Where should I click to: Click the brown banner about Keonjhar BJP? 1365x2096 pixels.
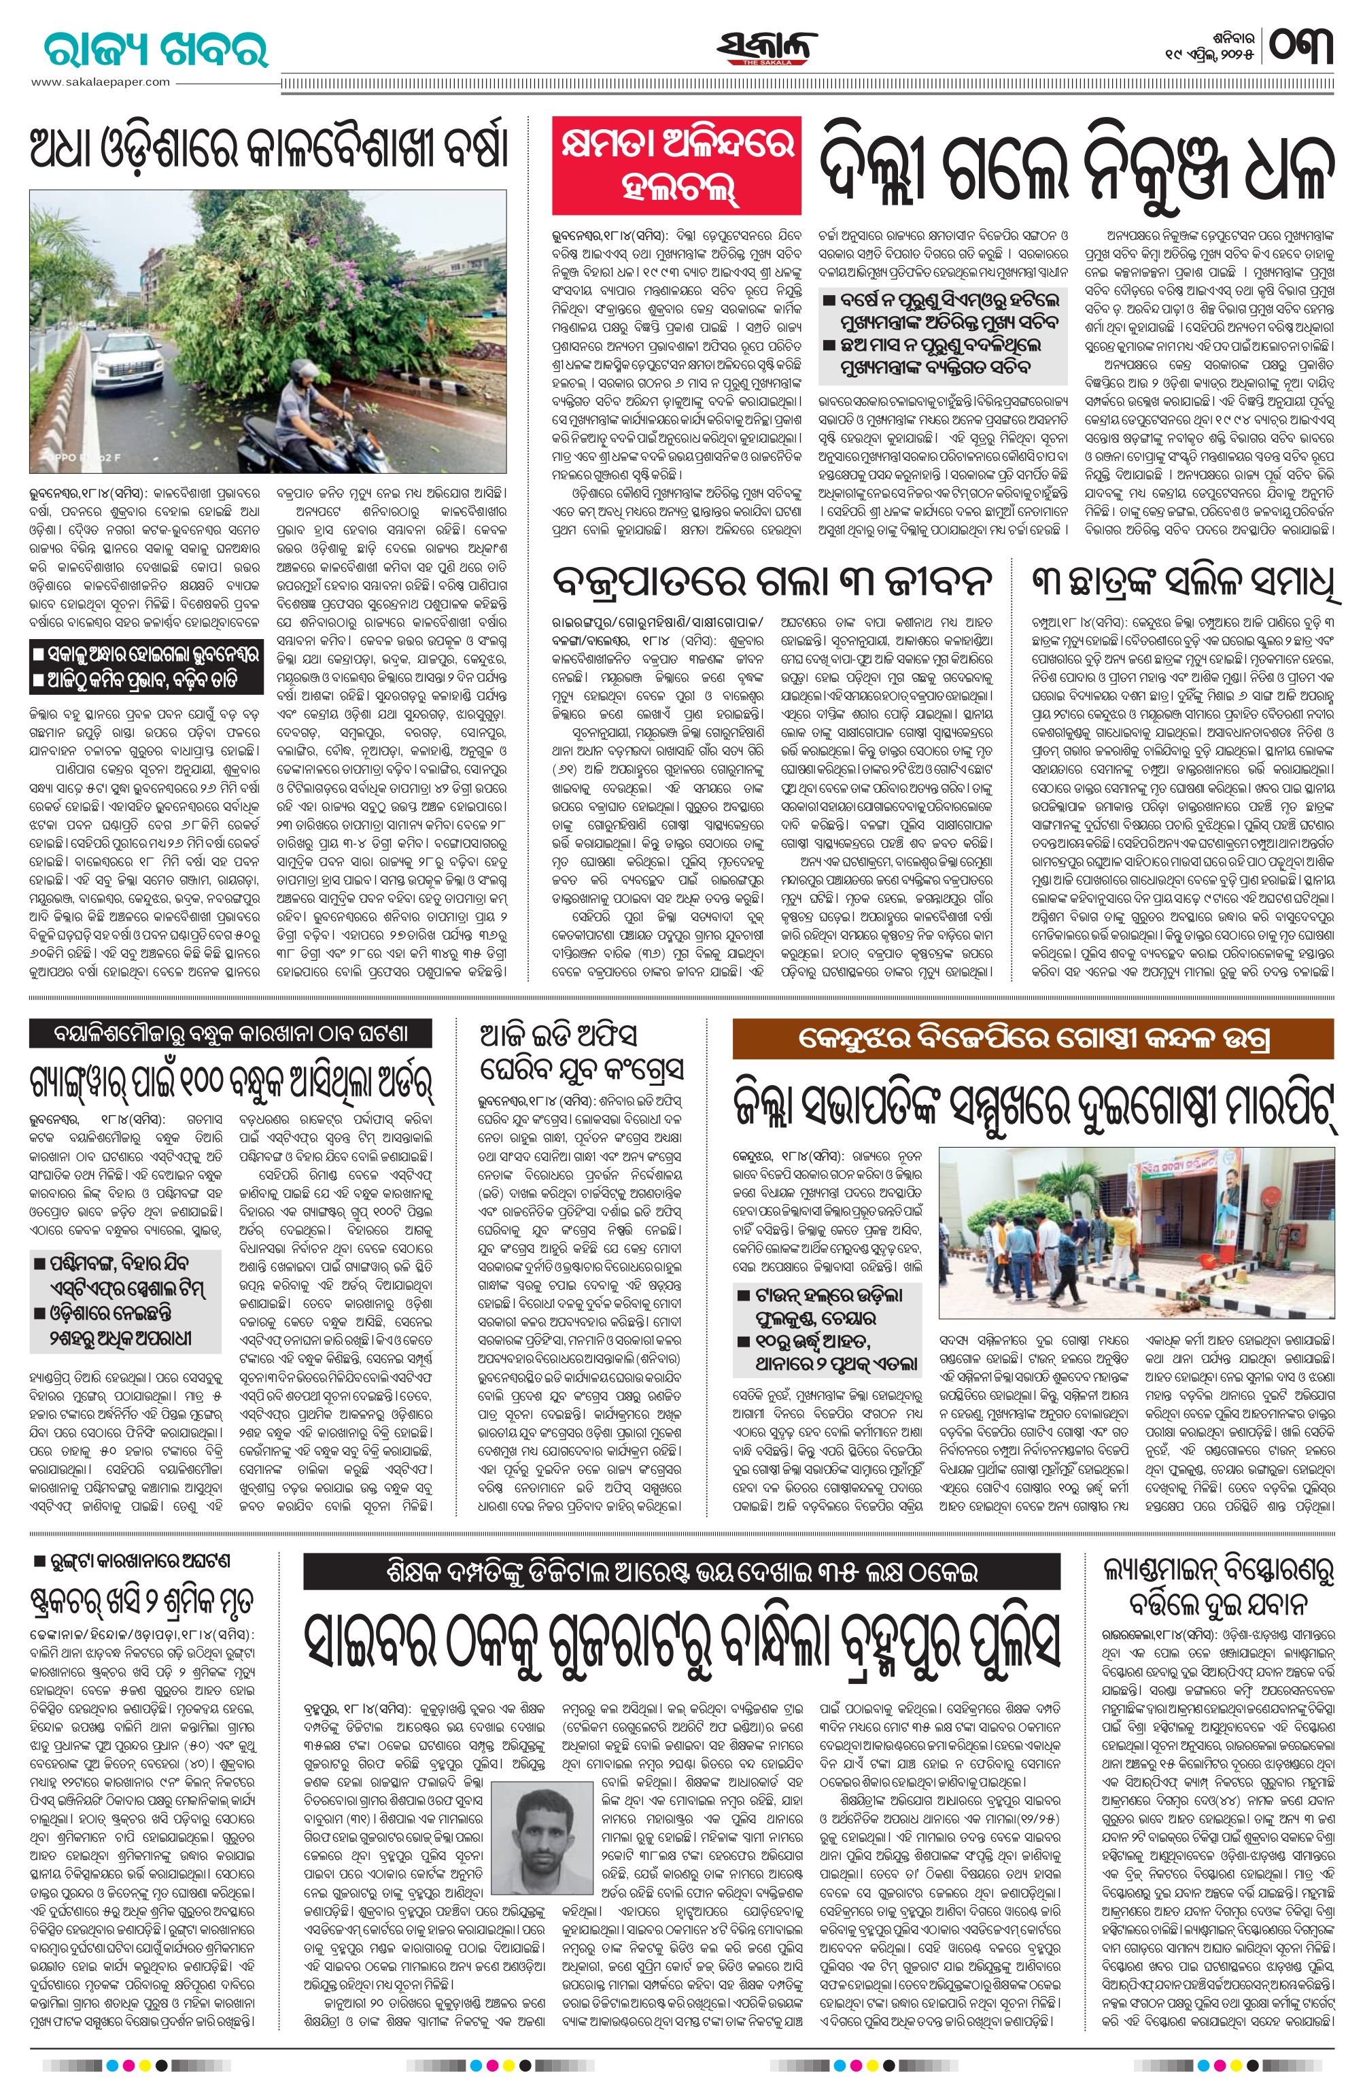[1032, 1040]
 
